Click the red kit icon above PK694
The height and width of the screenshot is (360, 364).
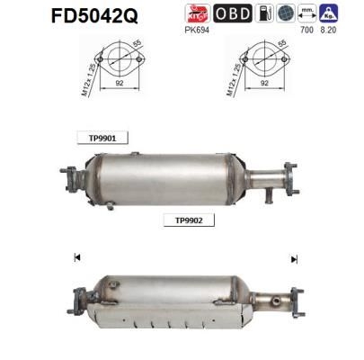(x=197, y=13)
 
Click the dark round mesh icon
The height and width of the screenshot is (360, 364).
(x=287, y=13)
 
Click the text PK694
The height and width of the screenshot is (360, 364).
(x=197, y=29)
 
